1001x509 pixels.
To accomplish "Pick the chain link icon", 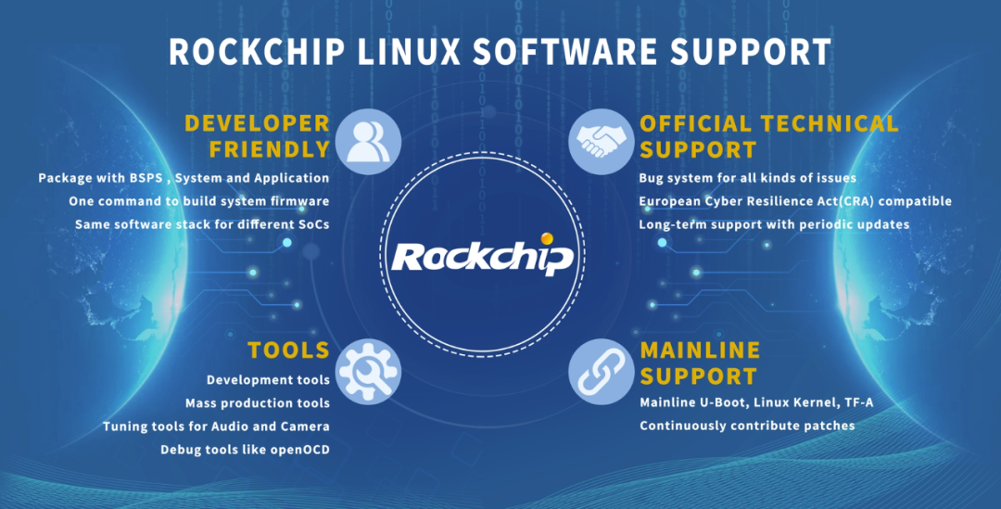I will tap(600, 370).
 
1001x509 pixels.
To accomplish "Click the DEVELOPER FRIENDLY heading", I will tap(257, 136).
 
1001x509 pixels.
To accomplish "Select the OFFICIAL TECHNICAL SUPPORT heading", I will tap(768, 136).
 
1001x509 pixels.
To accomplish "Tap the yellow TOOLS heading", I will tap(288, 350).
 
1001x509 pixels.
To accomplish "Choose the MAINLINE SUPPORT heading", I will tap(699, 363).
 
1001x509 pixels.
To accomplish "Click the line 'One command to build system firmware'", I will tap(198, 200).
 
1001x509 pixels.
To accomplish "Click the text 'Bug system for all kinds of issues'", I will tap(747, 177).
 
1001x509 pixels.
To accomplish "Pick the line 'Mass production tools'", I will tap(257, 403).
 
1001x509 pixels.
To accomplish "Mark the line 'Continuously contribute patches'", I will tap(747, 426).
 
